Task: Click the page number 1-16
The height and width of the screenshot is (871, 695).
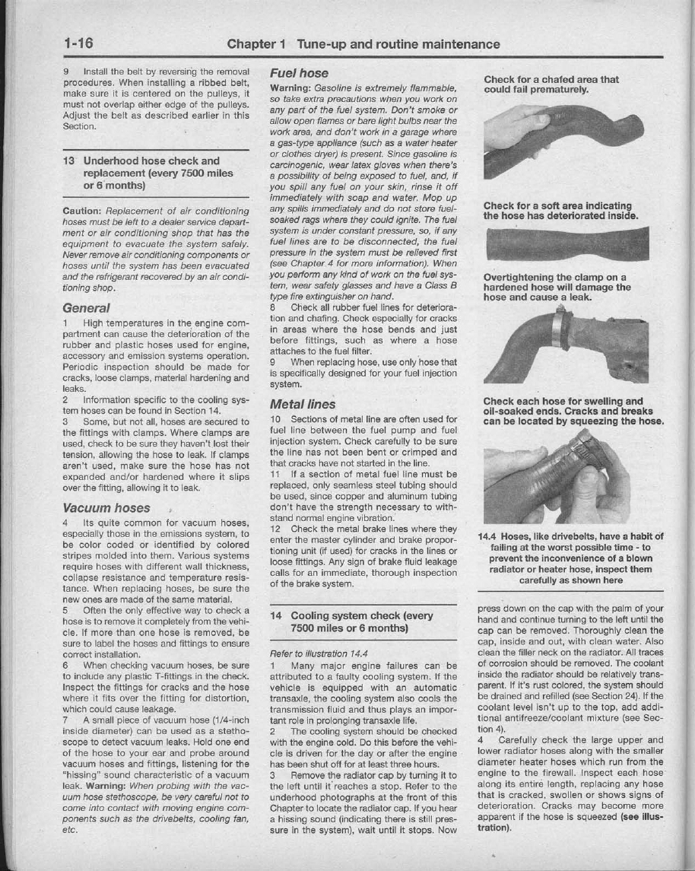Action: coord(78,44)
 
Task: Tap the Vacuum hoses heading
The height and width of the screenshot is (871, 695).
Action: coord(106,508)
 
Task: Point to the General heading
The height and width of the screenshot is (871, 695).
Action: coord(86,308)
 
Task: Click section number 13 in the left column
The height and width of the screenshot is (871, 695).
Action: coord(69,161)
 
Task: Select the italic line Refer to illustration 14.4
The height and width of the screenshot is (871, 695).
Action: coord(319,653)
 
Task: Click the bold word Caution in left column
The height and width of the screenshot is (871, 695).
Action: coord(82,211)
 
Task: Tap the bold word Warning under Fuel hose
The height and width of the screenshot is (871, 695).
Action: coord(290,88)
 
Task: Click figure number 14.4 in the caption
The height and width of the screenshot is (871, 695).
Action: coord(488,536)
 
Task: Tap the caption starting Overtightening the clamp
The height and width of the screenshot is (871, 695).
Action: coord(557,288)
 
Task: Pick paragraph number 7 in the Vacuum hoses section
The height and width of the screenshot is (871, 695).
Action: coord(65,720)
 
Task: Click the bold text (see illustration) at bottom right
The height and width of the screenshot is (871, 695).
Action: coord(571,823)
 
